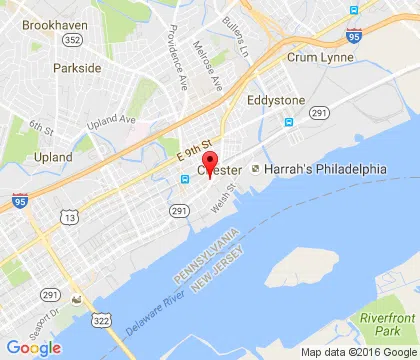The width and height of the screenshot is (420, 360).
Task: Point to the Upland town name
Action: coord(52,157)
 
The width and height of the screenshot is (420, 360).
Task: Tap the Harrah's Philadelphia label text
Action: coord(325,169)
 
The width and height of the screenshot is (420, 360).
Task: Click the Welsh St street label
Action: coord(236,187)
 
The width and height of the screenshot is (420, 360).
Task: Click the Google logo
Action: coord(33,347)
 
